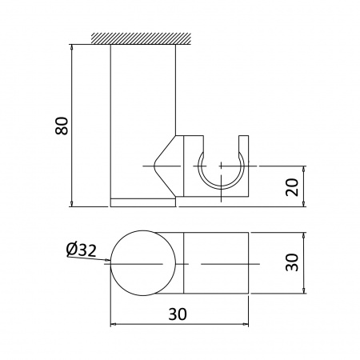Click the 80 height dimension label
click(x=62, y=126)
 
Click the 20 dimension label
click(x=292, y=187)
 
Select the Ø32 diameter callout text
click(x=82, y=250)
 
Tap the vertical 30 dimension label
click(x=292, y=262)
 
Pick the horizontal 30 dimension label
click(x=178, y=314)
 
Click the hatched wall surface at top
click(x=141, y=38)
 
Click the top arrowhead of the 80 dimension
click(x=71, y=47)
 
